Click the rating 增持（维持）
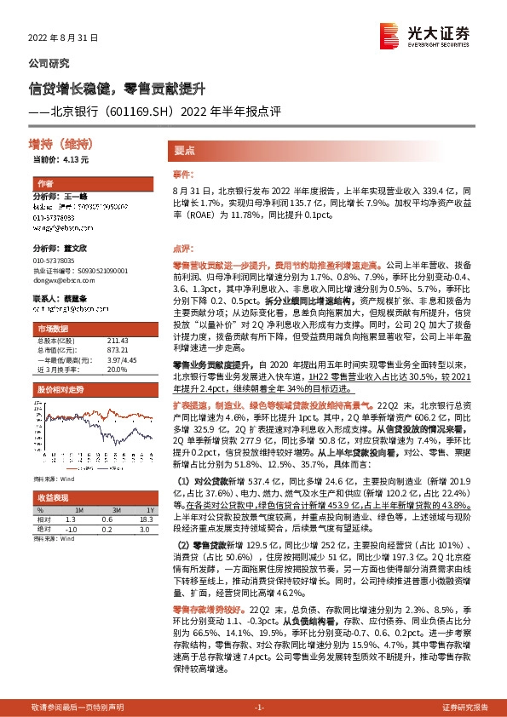60,143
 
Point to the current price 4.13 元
60,158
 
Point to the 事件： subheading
185,173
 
